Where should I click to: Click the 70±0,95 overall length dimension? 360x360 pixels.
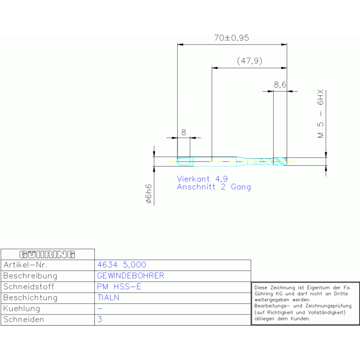pos(231,38)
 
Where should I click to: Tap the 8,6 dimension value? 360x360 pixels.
pos(280,84)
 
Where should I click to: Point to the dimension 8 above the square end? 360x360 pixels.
pos(184,132)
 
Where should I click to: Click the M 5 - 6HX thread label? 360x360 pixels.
pos(321,114)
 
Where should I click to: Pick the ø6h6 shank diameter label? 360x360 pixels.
pos(149,193)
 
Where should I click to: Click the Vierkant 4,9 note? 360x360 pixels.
pos(202,179)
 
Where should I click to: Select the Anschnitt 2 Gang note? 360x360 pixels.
pos(214,187)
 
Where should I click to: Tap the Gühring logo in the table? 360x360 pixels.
pos(47,254)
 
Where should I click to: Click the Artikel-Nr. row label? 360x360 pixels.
pos(25,265)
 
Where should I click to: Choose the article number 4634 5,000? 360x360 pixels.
pos(122,265)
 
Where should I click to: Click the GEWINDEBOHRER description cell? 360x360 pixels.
pos(130,276)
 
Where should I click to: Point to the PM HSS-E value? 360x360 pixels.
pos(119,286)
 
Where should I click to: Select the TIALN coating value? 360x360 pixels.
pos(108,298)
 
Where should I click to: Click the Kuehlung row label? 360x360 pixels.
pos(22,308)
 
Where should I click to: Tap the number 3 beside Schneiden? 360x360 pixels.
pos(100,319)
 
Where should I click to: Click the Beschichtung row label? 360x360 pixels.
pos(31,298)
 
